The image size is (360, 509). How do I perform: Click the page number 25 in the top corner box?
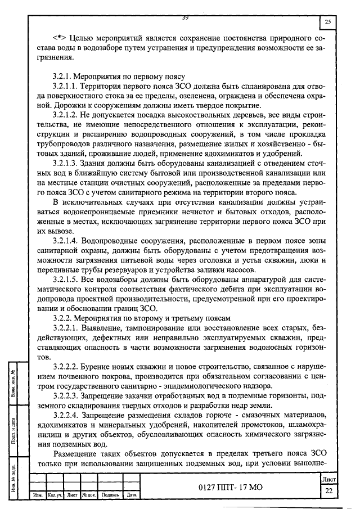coord(327,22)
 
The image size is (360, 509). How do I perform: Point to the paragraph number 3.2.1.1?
coord(64,87)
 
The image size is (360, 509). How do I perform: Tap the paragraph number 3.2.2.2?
coord(64,366)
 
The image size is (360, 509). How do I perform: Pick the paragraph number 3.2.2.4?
coord(64,415)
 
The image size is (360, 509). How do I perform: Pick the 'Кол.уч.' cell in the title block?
coord(55,496)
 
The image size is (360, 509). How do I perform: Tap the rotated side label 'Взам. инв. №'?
coord(19,381)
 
